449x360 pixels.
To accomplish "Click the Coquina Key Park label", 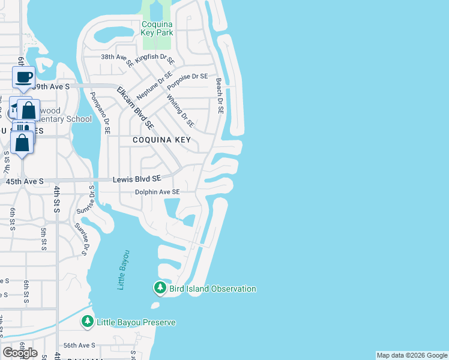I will click(157, 28).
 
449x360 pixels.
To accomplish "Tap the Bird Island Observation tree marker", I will click(160, 289).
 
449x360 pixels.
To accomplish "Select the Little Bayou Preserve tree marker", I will click(88, 322).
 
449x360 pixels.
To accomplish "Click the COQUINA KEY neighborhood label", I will click(161, 140).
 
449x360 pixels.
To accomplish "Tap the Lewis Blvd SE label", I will click(137, 179).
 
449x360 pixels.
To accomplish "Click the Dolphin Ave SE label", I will click(157, 192).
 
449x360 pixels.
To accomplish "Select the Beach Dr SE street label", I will click(219, 97).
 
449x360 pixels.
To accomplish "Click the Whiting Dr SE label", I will click(180, 112).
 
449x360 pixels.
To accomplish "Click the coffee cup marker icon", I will click(23, 77).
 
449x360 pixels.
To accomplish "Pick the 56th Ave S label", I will click(80, 345).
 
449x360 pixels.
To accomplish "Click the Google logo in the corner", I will click(20, 352).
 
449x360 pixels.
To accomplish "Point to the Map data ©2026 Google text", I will click(412, 355).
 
